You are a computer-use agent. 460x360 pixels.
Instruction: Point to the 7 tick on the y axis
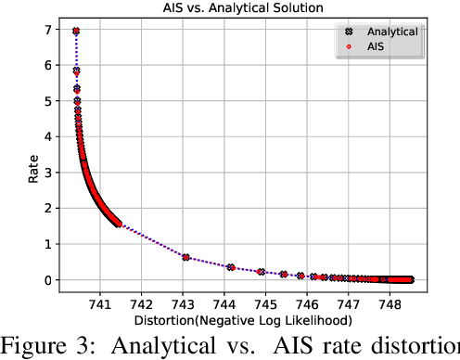coord(47,31)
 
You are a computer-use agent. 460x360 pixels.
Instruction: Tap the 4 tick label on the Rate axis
coord(47,137)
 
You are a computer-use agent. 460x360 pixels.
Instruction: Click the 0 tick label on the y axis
coord(47,279)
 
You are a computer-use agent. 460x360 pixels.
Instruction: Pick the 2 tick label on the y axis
coord(47,209)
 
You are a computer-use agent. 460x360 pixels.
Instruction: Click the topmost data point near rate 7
coord(76,32)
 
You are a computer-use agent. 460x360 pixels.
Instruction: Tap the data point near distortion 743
coord(186,257)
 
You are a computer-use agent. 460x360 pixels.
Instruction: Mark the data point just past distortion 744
coord(230,267)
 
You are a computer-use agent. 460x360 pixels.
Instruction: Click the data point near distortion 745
coord(262,272)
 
